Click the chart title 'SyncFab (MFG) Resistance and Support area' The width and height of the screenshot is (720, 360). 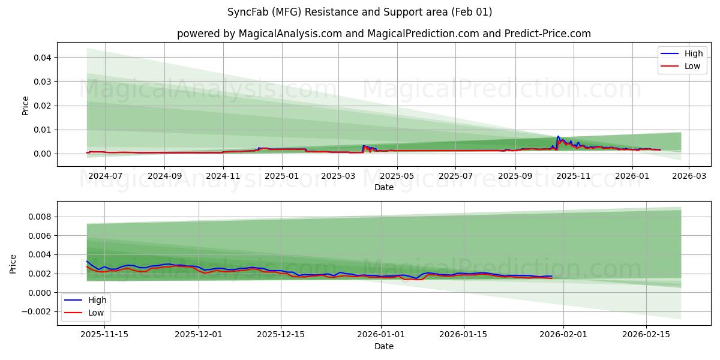359,12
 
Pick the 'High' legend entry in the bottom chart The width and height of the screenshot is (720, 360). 86,300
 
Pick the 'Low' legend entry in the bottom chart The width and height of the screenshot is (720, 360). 86,313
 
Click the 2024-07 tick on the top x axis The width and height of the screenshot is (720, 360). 105,176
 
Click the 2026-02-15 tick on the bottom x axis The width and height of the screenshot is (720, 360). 646,334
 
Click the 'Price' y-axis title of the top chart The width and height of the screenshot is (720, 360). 25,106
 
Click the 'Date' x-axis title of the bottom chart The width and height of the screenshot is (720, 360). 383,346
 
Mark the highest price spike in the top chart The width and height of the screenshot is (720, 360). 558,137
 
